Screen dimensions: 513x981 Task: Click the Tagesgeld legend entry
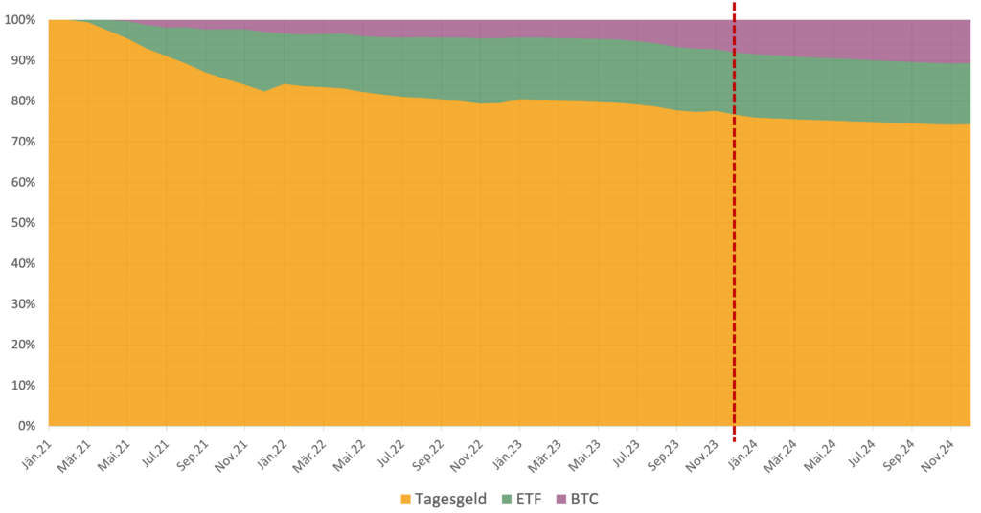(x=450, y=499)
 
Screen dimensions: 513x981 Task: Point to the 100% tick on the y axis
(x=21, y=20)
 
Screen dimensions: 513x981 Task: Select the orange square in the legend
(x=406, y=499)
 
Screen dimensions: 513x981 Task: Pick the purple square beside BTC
(x=560, y=499)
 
